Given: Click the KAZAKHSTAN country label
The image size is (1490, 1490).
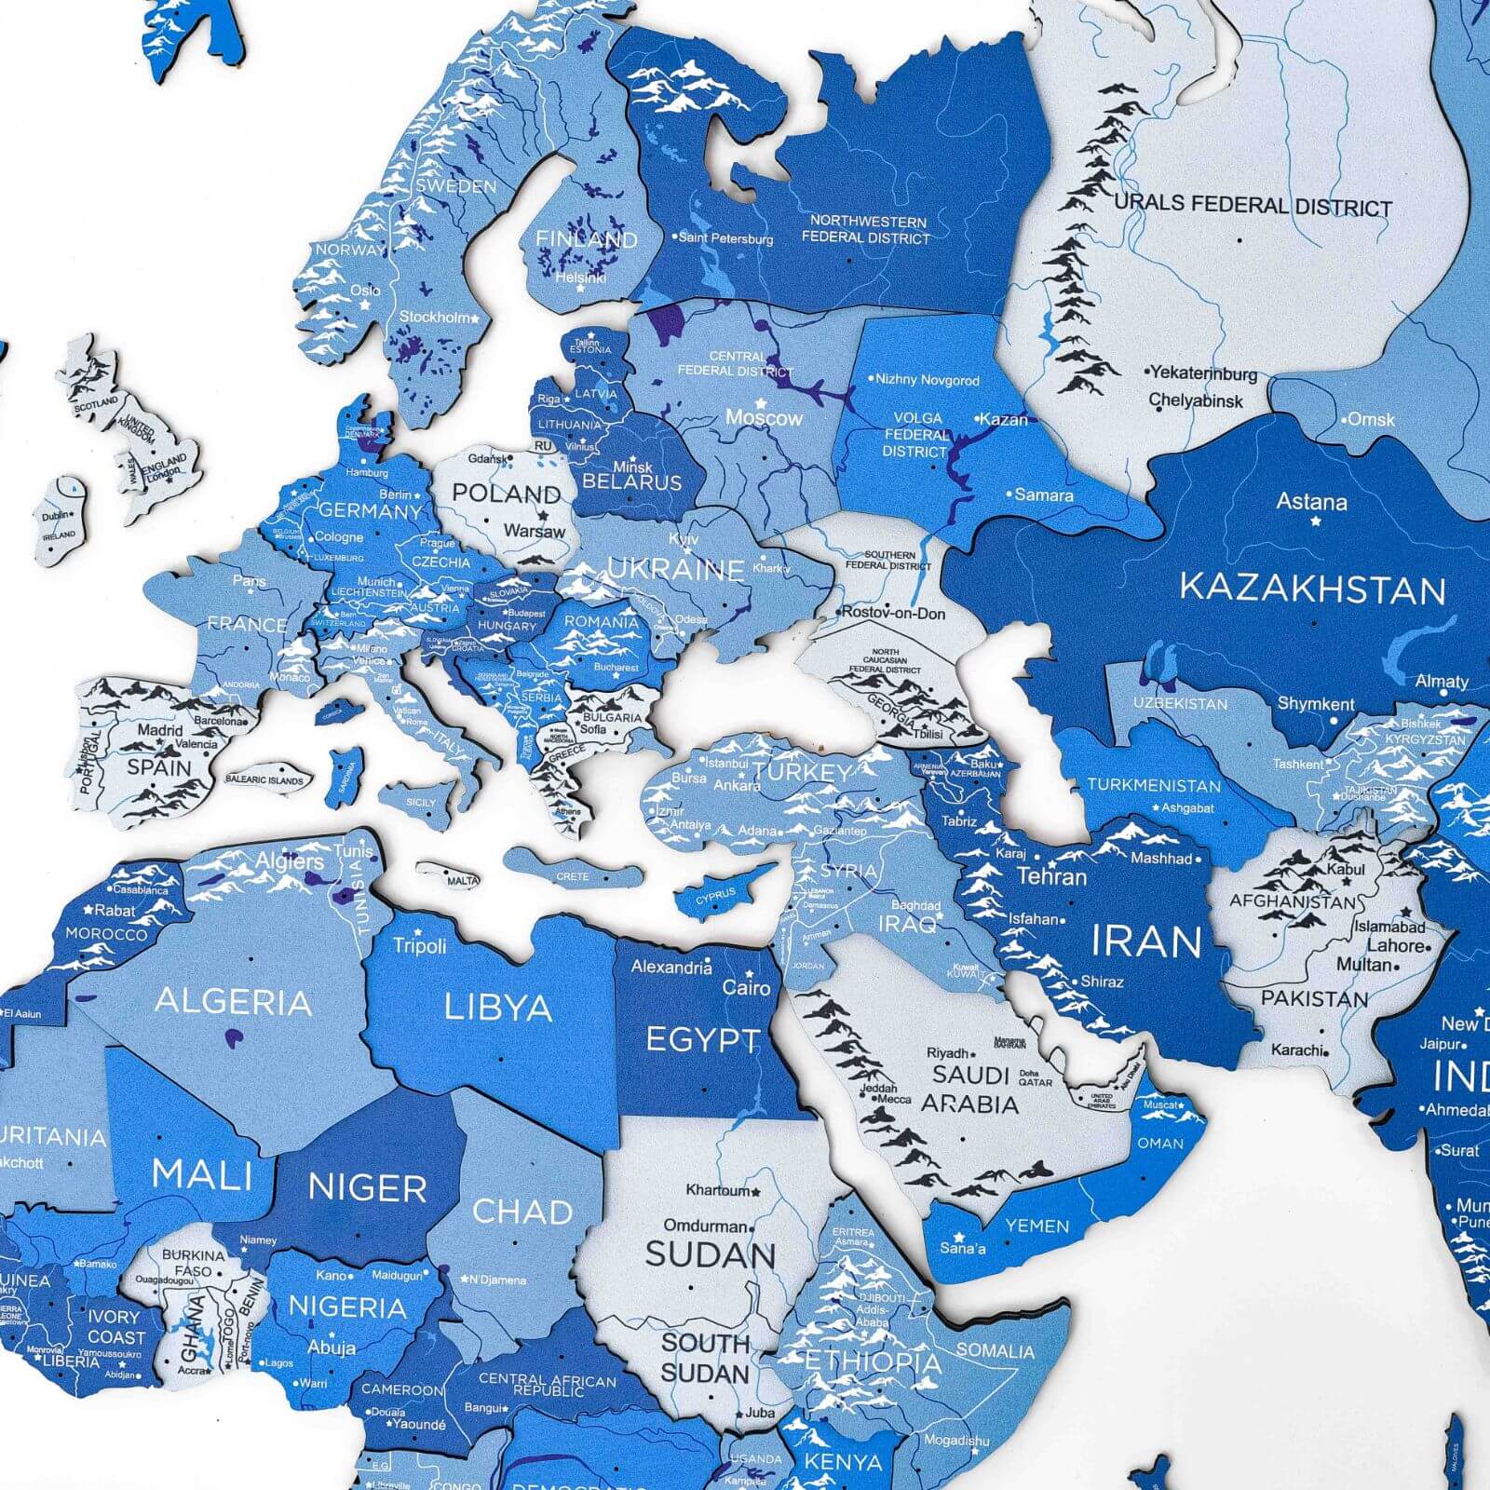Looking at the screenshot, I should (x=1312, y=589).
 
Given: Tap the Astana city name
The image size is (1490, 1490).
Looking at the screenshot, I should (x=1311, y=503).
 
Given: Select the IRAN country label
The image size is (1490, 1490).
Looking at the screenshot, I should (x=1146, y=942).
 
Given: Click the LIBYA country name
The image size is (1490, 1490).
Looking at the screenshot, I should (x=498, y=1008).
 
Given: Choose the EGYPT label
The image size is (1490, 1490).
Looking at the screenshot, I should (x=702, y=1040).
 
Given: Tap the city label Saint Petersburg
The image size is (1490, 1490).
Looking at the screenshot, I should (x=725, y=238).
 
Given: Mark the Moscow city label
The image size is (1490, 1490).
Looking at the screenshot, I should (x=764, y=418).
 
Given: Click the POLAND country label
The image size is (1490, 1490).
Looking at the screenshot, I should (x=507, y=494).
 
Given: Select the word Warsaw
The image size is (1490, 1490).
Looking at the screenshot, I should (x=534, y=532).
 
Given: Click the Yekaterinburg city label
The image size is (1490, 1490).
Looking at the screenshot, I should (x=1203, y=373).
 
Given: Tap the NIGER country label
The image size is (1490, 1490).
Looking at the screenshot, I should (x=367, y=1188).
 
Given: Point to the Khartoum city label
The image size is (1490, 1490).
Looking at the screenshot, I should (x=718, y=1190).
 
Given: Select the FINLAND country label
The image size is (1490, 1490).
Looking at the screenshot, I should (x=586, y=239).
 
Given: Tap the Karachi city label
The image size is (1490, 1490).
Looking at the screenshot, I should (x=1297, y=1050).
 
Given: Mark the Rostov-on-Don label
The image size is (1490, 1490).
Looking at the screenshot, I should (x=893, y=613).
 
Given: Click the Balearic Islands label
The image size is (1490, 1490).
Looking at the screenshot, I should (x=264, y=779).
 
